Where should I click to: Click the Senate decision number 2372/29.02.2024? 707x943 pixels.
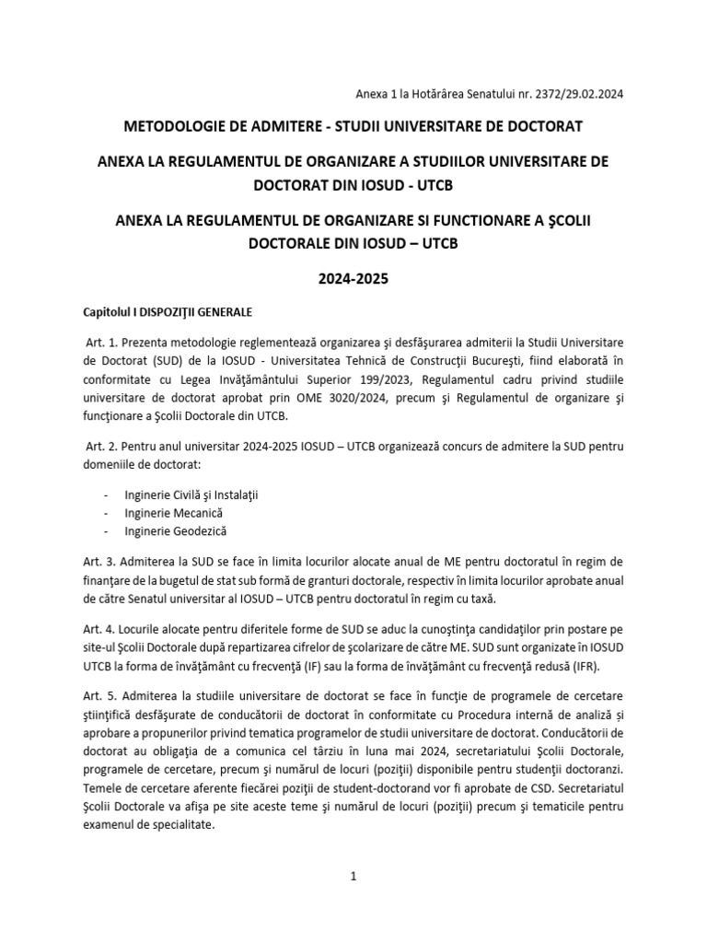click(571, 94)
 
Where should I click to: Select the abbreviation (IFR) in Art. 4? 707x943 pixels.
click(607, 667)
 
